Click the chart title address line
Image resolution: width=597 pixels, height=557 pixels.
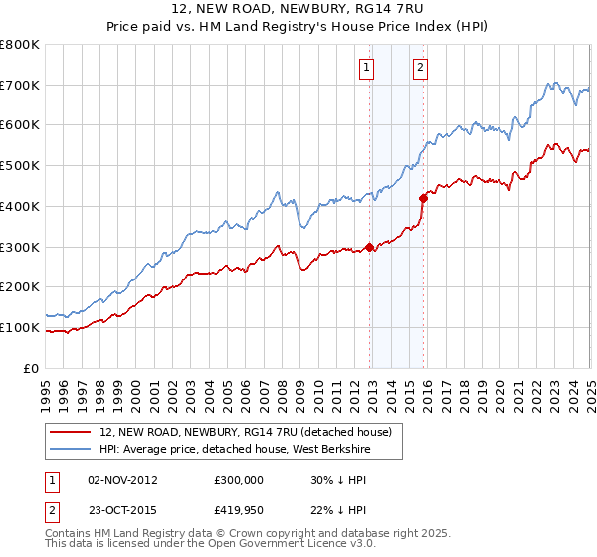pyautogui.click(x=298, y=10)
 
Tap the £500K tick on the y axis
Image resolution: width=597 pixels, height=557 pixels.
pyautogui.click(x=20, y=165)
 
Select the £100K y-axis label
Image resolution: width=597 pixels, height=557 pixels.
pyautogui.click(x=20, y=327)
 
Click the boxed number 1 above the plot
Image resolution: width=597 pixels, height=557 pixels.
pyautogui.click(x=367, y=68)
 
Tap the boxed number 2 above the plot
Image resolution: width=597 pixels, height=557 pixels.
pyautogui.click(x=420, y=68)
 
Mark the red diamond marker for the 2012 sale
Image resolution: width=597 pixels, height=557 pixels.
pyautogui.click(x=370, y=247)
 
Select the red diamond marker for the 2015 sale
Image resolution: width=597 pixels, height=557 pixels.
pyautogui.click(x=424, y=198)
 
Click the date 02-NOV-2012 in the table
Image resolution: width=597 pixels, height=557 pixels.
pyautogui.click(x=122, y=480)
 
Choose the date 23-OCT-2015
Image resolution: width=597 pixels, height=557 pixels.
pyautogui.click(x=122, y=510)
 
